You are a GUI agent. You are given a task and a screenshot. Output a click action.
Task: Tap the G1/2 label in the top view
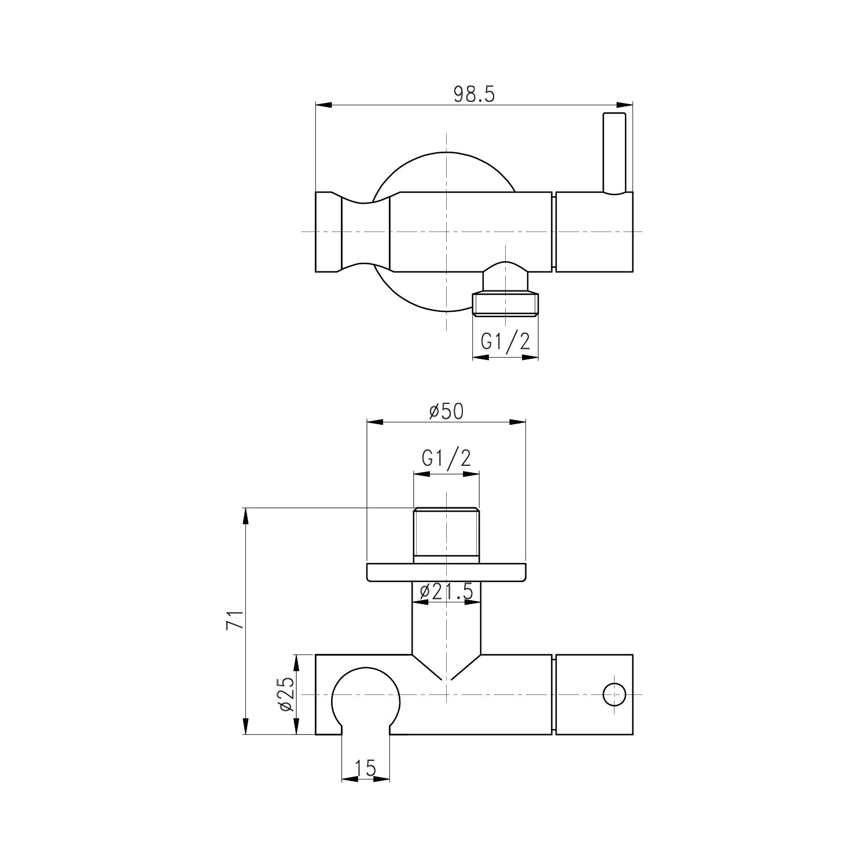(505, 342)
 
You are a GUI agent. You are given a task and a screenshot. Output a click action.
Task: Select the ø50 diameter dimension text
(446, 411)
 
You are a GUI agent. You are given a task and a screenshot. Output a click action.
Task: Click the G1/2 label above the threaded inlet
(446, 458)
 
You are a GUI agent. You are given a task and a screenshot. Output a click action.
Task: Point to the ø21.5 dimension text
(446, 591)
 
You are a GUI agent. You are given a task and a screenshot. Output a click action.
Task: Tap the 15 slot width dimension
(365, 768)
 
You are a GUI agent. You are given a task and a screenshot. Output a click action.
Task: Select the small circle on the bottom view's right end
(614, 694)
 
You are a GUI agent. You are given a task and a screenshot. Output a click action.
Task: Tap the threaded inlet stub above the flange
(446, 534)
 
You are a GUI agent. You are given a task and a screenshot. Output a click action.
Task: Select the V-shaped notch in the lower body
(446, 668)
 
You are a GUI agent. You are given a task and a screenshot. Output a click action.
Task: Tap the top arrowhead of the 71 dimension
(246, 516)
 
